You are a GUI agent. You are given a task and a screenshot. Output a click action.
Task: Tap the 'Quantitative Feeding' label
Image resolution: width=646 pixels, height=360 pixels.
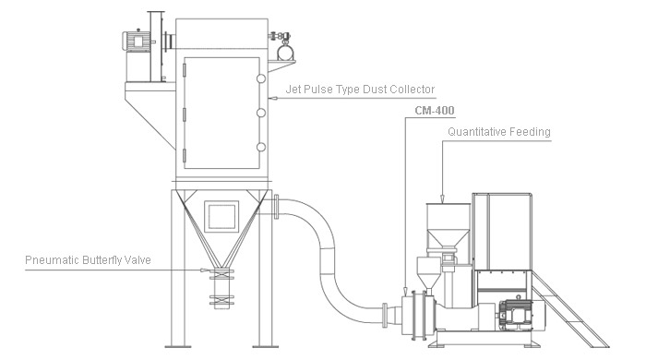pyautogui.click(x=498, y=132)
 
